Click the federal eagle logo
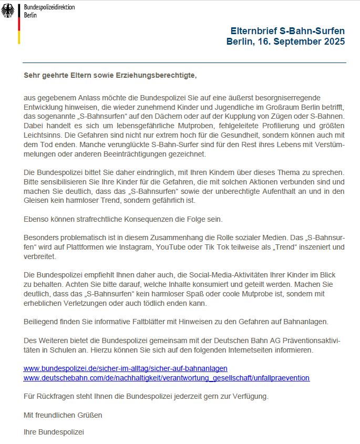[x=8, y=11]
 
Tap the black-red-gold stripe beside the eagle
[x=19, y=24]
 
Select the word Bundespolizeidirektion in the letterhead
[x=49, y=7]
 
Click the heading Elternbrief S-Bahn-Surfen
[x=288, y=32]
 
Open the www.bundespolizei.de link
[x=126, y=369]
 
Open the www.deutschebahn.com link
[x=167, y=377]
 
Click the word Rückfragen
[x=54, y=395]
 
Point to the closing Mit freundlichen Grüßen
[x=63, y=415]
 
